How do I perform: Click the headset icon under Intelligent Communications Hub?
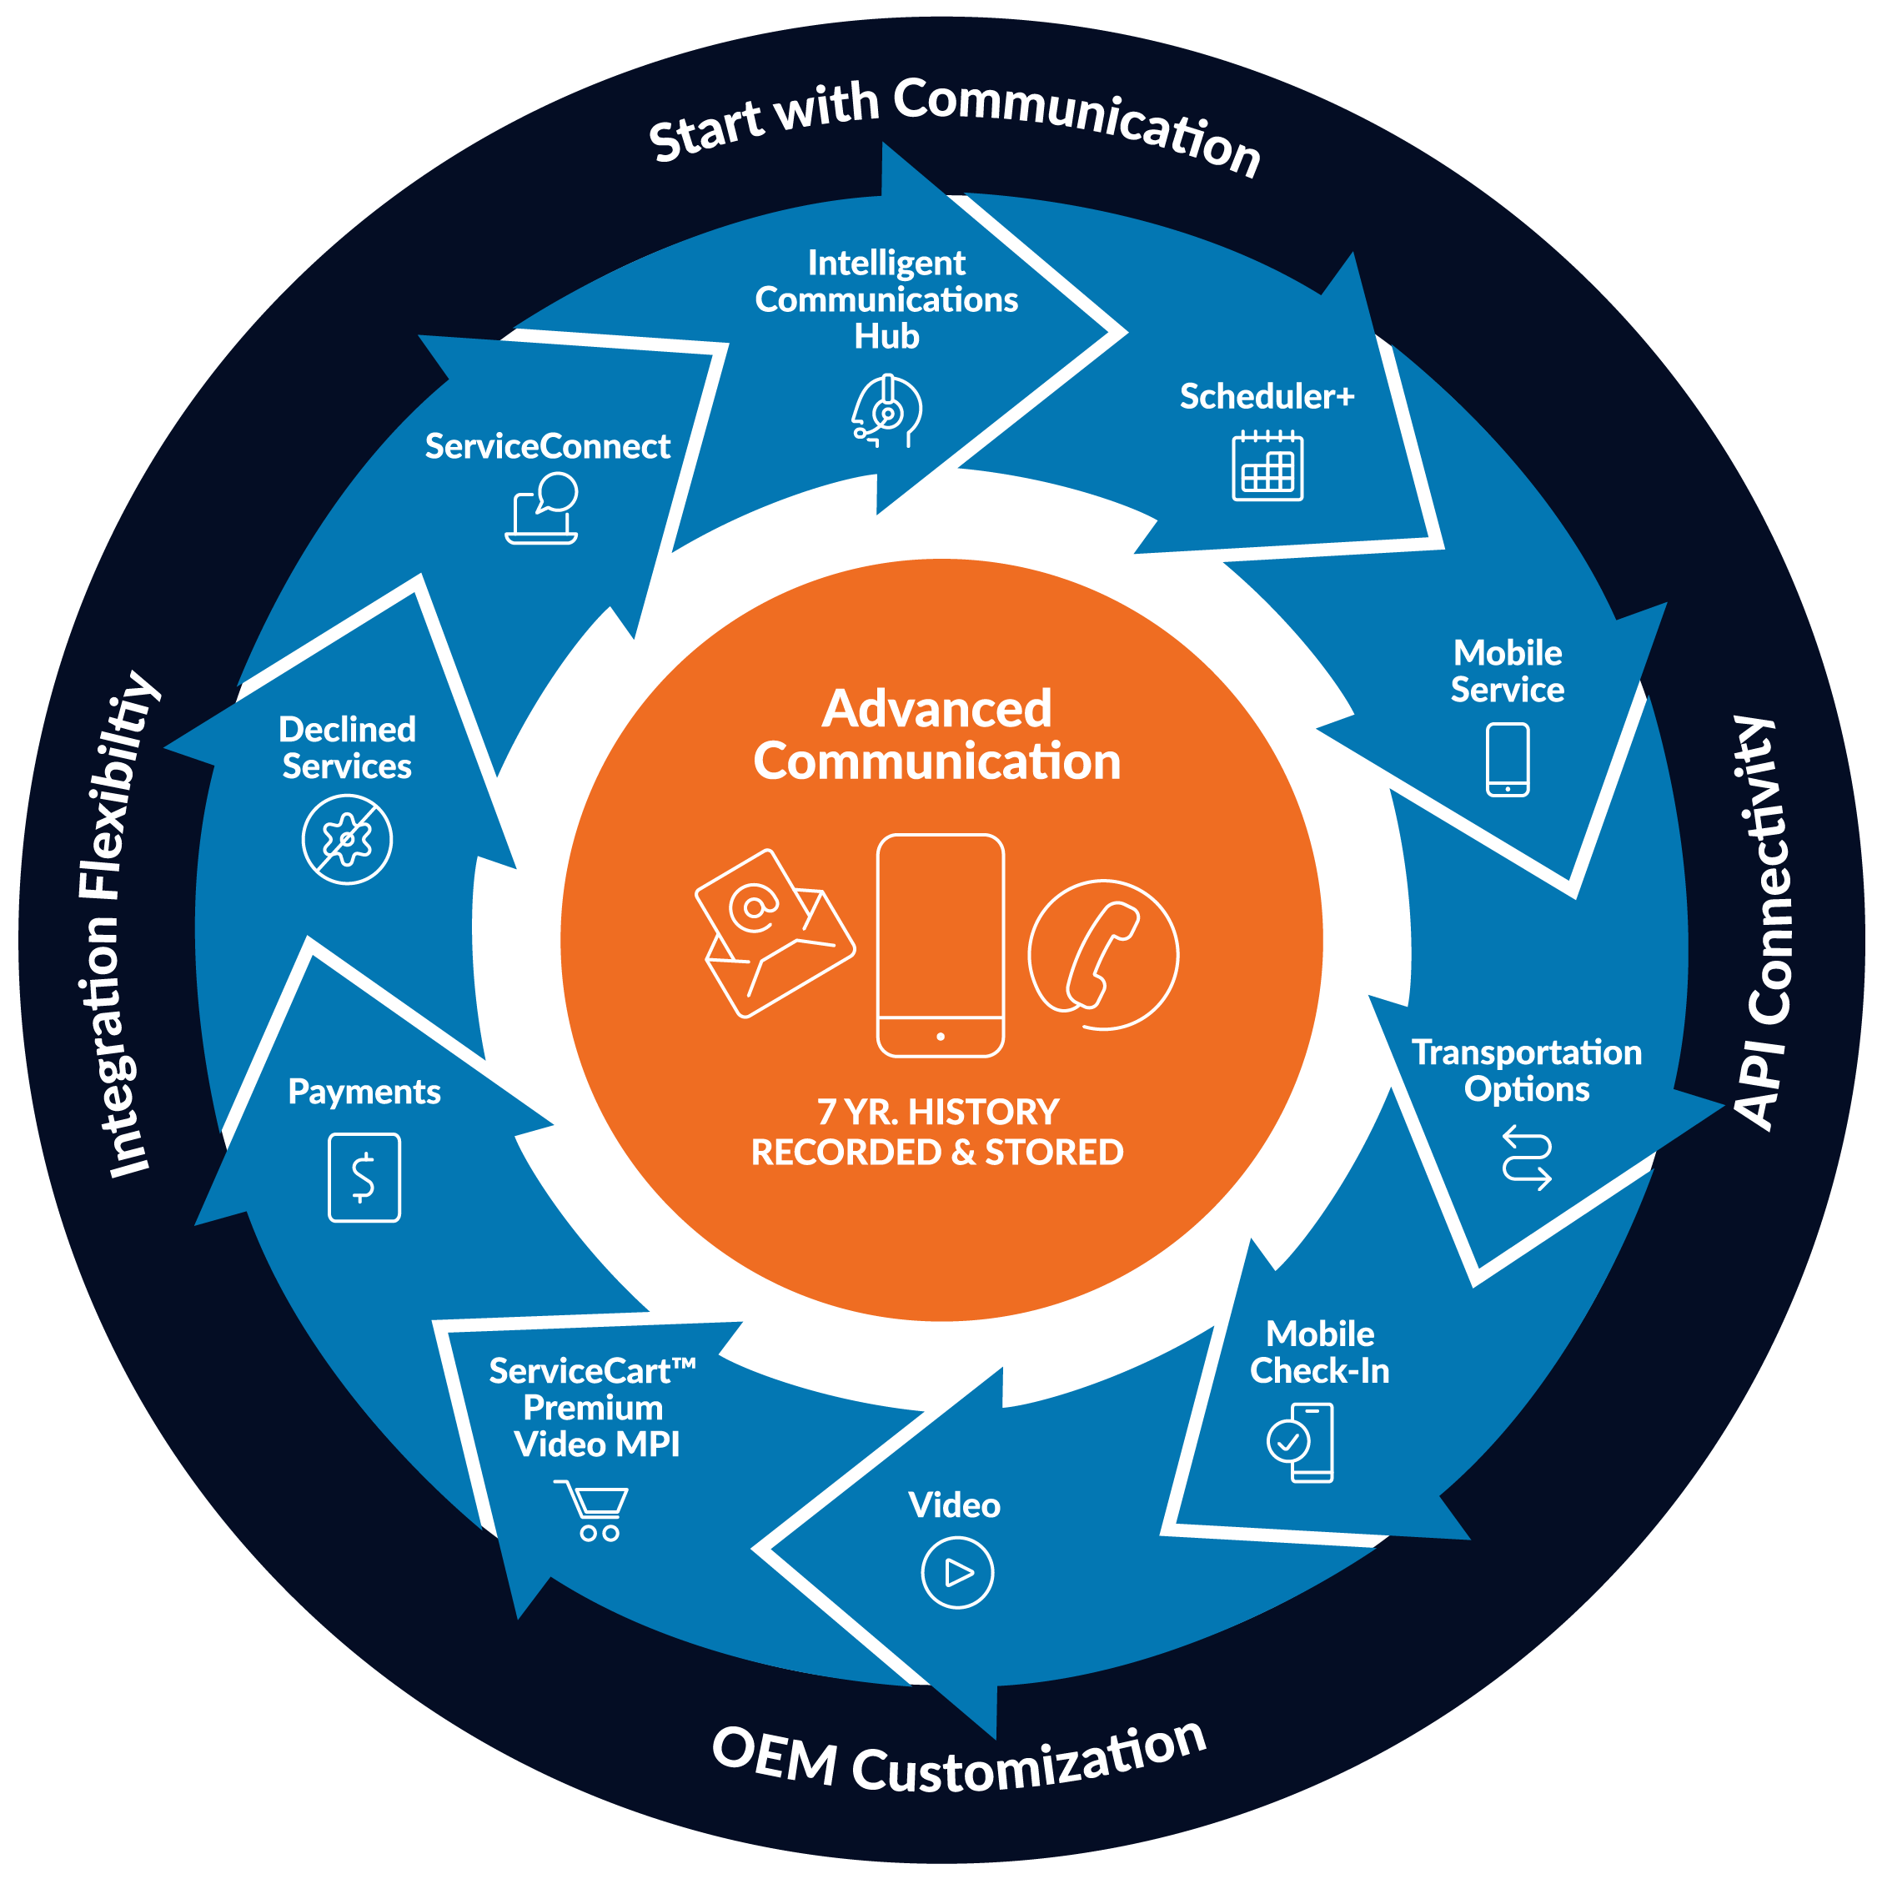886,411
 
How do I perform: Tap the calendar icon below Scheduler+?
1267,467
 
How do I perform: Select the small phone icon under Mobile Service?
1507,760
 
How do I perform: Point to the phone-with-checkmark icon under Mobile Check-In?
1300,1442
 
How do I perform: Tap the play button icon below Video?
957,1573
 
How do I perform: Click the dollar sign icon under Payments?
364,1178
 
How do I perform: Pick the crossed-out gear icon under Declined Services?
346,839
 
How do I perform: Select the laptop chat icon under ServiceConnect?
543,508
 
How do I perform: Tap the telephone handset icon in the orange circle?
1103,954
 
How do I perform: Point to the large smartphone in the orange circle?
940,944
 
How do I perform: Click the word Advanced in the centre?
936,709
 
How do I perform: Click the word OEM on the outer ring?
774,1756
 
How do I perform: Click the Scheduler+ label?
1267,397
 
